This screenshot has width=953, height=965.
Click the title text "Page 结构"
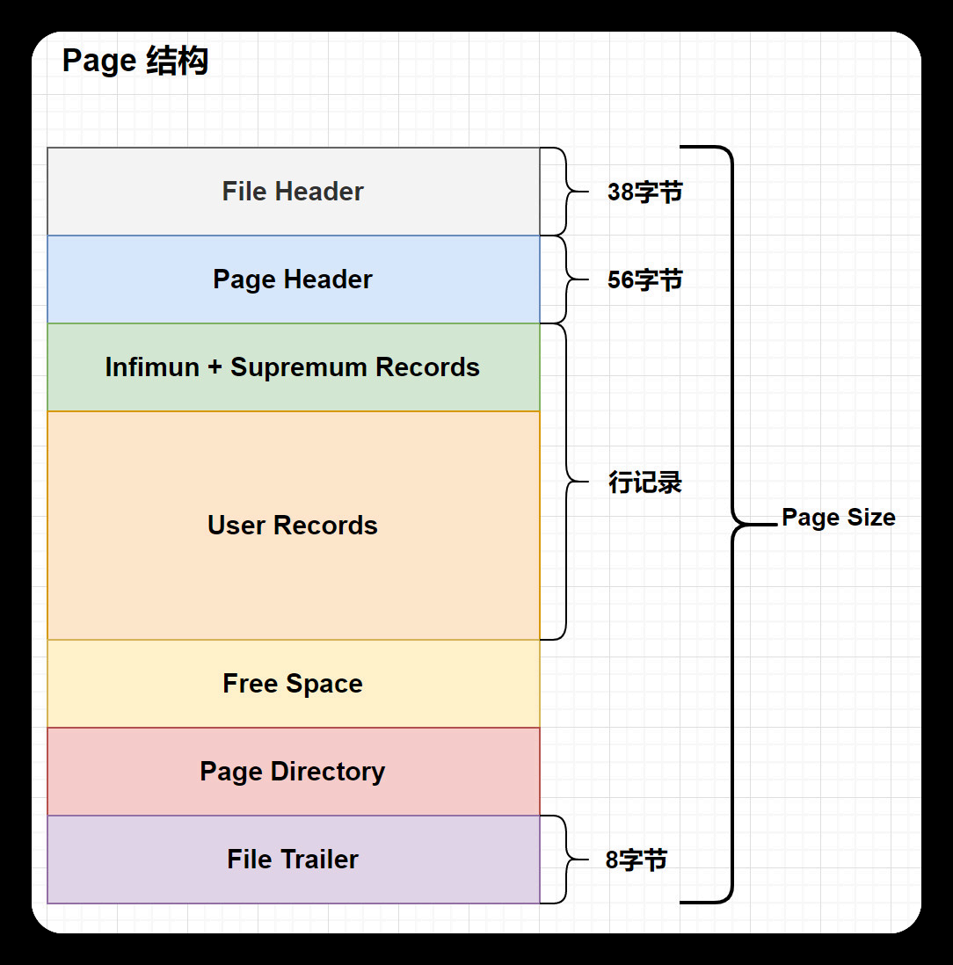[135, 62]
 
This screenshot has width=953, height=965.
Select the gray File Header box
[293, 192]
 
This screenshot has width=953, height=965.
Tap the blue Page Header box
[293, 279]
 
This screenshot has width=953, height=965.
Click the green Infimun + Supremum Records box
[293, 367]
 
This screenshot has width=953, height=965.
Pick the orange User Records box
[293, 526]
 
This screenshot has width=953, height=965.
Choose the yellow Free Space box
[293, 684]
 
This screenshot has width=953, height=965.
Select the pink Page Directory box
[293, 772]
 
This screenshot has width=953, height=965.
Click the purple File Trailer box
[293, 860]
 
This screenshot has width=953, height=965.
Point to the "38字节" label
[644, 192]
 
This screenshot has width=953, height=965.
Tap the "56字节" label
[644, 280]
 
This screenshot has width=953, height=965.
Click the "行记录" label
[645, 482]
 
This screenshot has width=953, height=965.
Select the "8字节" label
[636, 860]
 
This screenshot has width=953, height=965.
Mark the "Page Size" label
[838, 518]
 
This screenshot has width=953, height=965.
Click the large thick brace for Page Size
[731, 525]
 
